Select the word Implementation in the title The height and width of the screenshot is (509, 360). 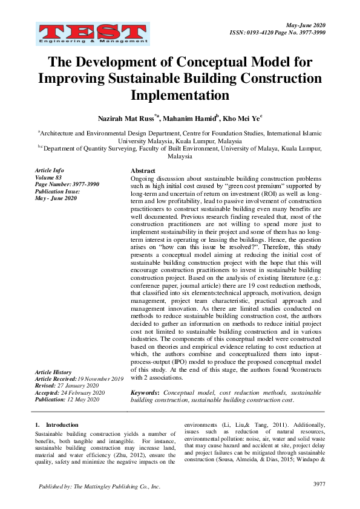click(180, 96)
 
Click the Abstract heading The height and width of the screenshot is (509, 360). click(143, 171)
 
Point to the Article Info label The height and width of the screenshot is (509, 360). click(50, 170)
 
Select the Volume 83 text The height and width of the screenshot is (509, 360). click(49, 177)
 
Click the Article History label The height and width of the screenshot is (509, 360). click(54, 372)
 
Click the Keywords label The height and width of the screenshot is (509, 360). click(145, 392)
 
